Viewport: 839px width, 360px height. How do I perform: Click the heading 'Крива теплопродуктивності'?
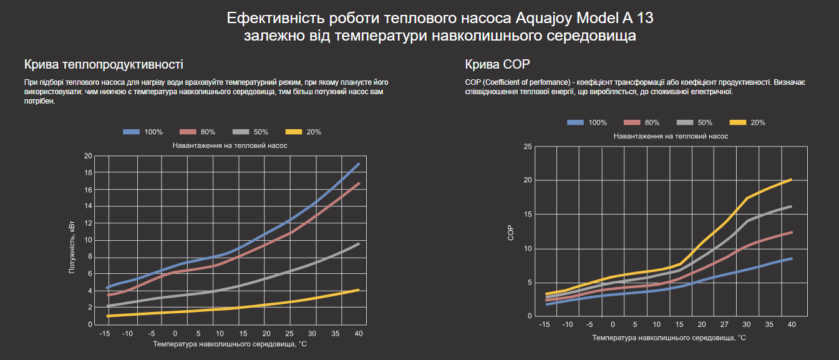(x=104, y=64)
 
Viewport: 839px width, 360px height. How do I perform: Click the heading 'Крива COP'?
(x=497, y=64)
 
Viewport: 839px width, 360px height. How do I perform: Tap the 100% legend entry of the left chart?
(x=143, y=132)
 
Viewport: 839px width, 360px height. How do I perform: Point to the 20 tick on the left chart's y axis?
(x=88, y=156)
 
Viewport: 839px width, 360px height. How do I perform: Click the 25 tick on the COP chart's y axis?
(x=528, y=147)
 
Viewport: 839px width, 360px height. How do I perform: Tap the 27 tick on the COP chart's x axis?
(x=724, y=324)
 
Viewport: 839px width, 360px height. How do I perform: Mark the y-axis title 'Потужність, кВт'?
(x=72, y=247)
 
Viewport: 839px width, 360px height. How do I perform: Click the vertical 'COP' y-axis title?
(x=510, y=232)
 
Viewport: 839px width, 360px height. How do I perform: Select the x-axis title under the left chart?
(x=230, y=344)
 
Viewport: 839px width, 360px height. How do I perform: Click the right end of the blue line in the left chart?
(x=359, y=164)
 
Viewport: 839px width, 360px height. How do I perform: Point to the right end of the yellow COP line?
(x=791, y=180)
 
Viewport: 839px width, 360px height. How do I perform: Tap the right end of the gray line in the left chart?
(x=359, y=243)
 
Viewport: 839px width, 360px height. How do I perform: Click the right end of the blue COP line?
(x=791, y=258)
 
